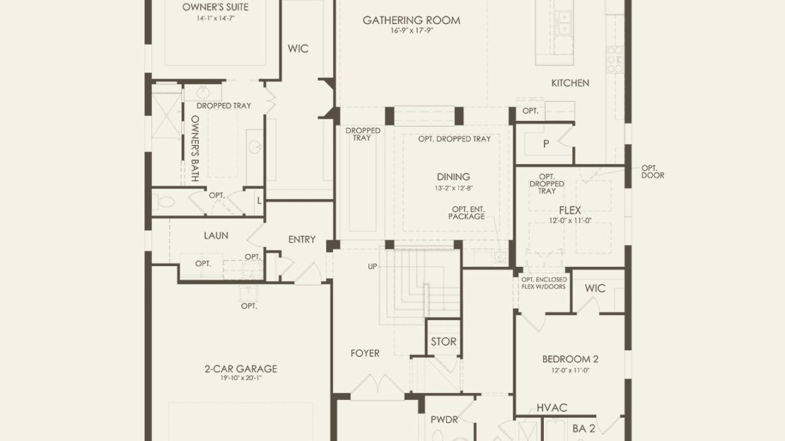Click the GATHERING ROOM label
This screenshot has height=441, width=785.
412,21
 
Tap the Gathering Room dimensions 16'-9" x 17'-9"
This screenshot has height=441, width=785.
412,30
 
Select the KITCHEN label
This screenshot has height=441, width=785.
570,84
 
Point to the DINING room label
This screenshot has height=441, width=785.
453,177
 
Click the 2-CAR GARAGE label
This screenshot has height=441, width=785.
241,369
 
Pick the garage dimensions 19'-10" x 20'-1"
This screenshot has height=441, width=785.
241,379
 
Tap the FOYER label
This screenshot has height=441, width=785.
365,353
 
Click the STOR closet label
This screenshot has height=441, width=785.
443,342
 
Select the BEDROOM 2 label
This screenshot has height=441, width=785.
570,360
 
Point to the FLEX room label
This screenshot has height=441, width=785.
570,210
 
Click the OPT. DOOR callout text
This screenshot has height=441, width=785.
653,172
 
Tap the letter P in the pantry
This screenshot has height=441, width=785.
546,144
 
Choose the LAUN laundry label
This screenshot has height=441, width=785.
216,236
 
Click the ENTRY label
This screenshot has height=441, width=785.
302,239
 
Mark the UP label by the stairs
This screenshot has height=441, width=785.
373,267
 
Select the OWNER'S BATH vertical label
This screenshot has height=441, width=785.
195,149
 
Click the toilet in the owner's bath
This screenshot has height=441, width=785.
163,203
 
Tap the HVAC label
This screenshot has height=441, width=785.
552,408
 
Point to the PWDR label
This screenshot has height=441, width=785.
444,420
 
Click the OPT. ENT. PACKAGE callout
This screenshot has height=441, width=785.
467,213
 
